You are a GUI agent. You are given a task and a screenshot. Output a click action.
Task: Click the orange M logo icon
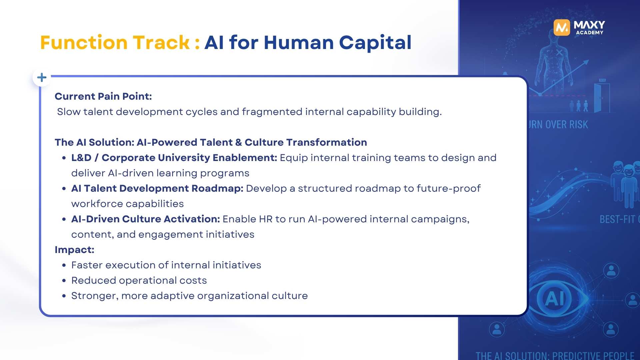point(562,27)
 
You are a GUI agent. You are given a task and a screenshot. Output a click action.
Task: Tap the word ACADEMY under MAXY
point(589,33)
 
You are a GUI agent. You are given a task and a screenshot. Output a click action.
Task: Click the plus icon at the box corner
point(42,78)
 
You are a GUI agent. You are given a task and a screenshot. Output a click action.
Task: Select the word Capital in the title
point(375,43)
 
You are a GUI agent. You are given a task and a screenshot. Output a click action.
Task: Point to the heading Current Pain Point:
point(103,96)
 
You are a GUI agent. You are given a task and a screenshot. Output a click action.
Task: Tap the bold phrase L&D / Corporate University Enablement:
point(174,158)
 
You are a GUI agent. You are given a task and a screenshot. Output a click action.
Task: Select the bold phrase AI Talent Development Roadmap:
point(157,188)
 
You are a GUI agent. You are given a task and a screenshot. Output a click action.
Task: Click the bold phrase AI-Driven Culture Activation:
point(145,219)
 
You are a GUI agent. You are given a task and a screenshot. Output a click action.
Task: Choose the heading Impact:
point(74,250)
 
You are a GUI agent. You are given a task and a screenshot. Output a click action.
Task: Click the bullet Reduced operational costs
point(139,280)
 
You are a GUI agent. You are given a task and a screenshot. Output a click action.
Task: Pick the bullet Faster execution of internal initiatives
point(166,265)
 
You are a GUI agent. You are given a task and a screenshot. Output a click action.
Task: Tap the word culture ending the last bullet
point(289,296)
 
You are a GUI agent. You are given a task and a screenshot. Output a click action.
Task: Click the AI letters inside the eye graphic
point(555,298)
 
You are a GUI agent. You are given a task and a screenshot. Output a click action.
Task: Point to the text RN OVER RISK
point(558,125)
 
